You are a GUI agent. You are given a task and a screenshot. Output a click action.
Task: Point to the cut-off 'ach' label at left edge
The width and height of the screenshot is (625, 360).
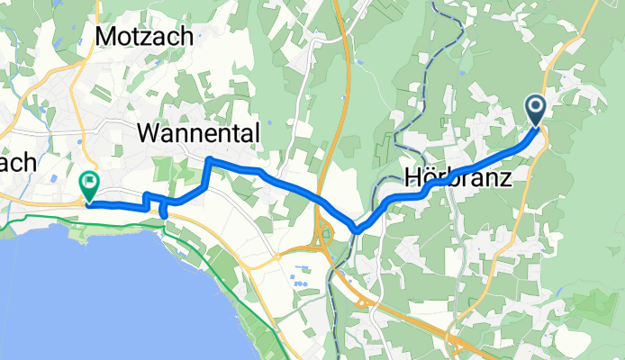click(17, 162)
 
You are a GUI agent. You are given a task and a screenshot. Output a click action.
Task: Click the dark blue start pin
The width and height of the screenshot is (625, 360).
click(537, 112)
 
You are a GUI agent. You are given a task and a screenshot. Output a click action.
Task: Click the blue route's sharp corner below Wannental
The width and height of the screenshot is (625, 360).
click(210, 160)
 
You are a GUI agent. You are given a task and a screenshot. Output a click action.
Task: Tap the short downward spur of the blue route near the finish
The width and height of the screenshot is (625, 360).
click(163, 211)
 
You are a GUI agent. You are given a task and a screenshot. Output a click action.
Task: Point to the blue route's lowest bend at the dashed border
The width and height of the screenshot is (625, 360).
click(358, 229)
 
